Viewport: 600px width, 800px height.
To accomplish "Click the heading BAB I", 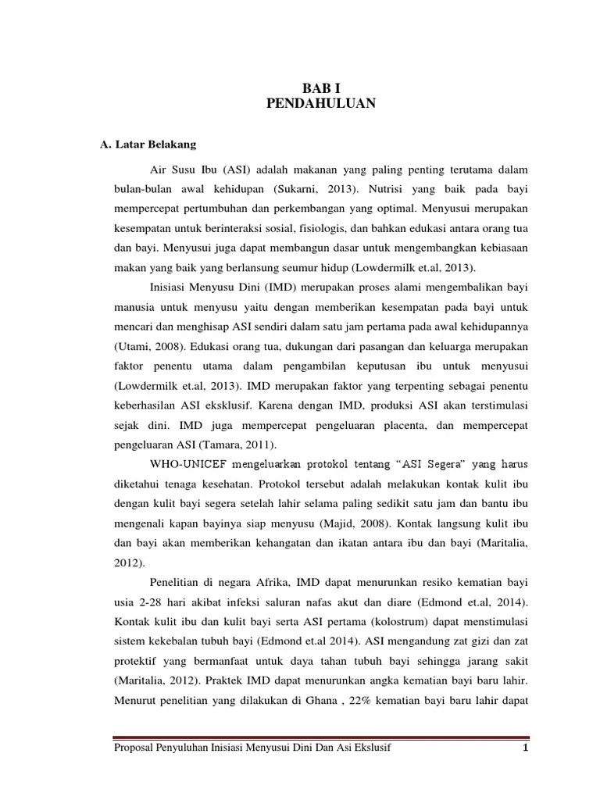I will (x=316, y=87).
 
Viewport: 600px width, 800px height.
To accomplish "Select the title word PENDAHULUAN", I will (x=316, y=103).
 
